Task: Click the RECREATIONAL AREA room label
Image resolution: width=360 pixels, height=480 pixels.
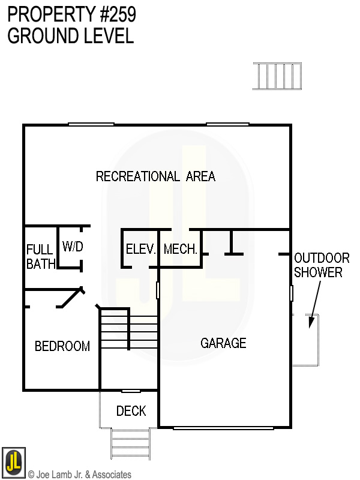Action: click(155, 176)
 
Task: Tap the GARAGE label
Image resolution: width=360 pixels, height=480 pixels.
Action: click(223, 343)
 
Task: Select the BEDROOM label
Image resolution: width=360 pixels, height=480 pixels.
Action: click(62, 346)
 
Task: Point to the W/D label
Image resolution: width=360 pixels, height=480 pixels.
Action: click(73, 247)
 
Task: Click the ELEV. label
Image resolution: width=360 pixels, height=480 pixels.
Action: click(141, 249)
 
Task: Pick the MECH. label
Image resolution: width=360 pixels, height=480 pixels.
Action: click(181, 249)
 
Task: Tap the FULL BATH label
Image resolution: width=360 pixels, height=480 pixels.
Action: click(41, 256)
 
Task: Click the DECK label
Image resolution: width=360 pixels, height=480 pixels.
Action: click(131, 411)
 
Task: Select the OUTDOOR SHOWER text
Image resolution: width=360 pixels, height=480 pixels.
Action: click(322, 265)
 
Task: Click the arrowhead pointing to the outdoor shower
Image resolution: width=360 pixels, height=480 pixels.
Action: click(310, 322)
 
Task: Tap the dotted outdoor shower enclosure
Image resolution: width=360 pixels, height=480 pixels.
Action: click(305, 340)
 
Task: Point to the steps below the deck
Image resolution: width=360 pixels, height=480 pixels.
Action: click(130, 443)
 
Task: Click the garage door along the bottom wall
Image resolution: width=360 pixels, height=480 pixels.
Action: click(223, 428)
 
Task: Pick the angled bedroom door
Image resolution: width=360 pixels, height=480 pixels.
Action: click(72, 298)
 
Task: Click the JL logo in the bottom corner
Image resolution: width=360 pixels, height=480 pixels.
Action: click(13, 461)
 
